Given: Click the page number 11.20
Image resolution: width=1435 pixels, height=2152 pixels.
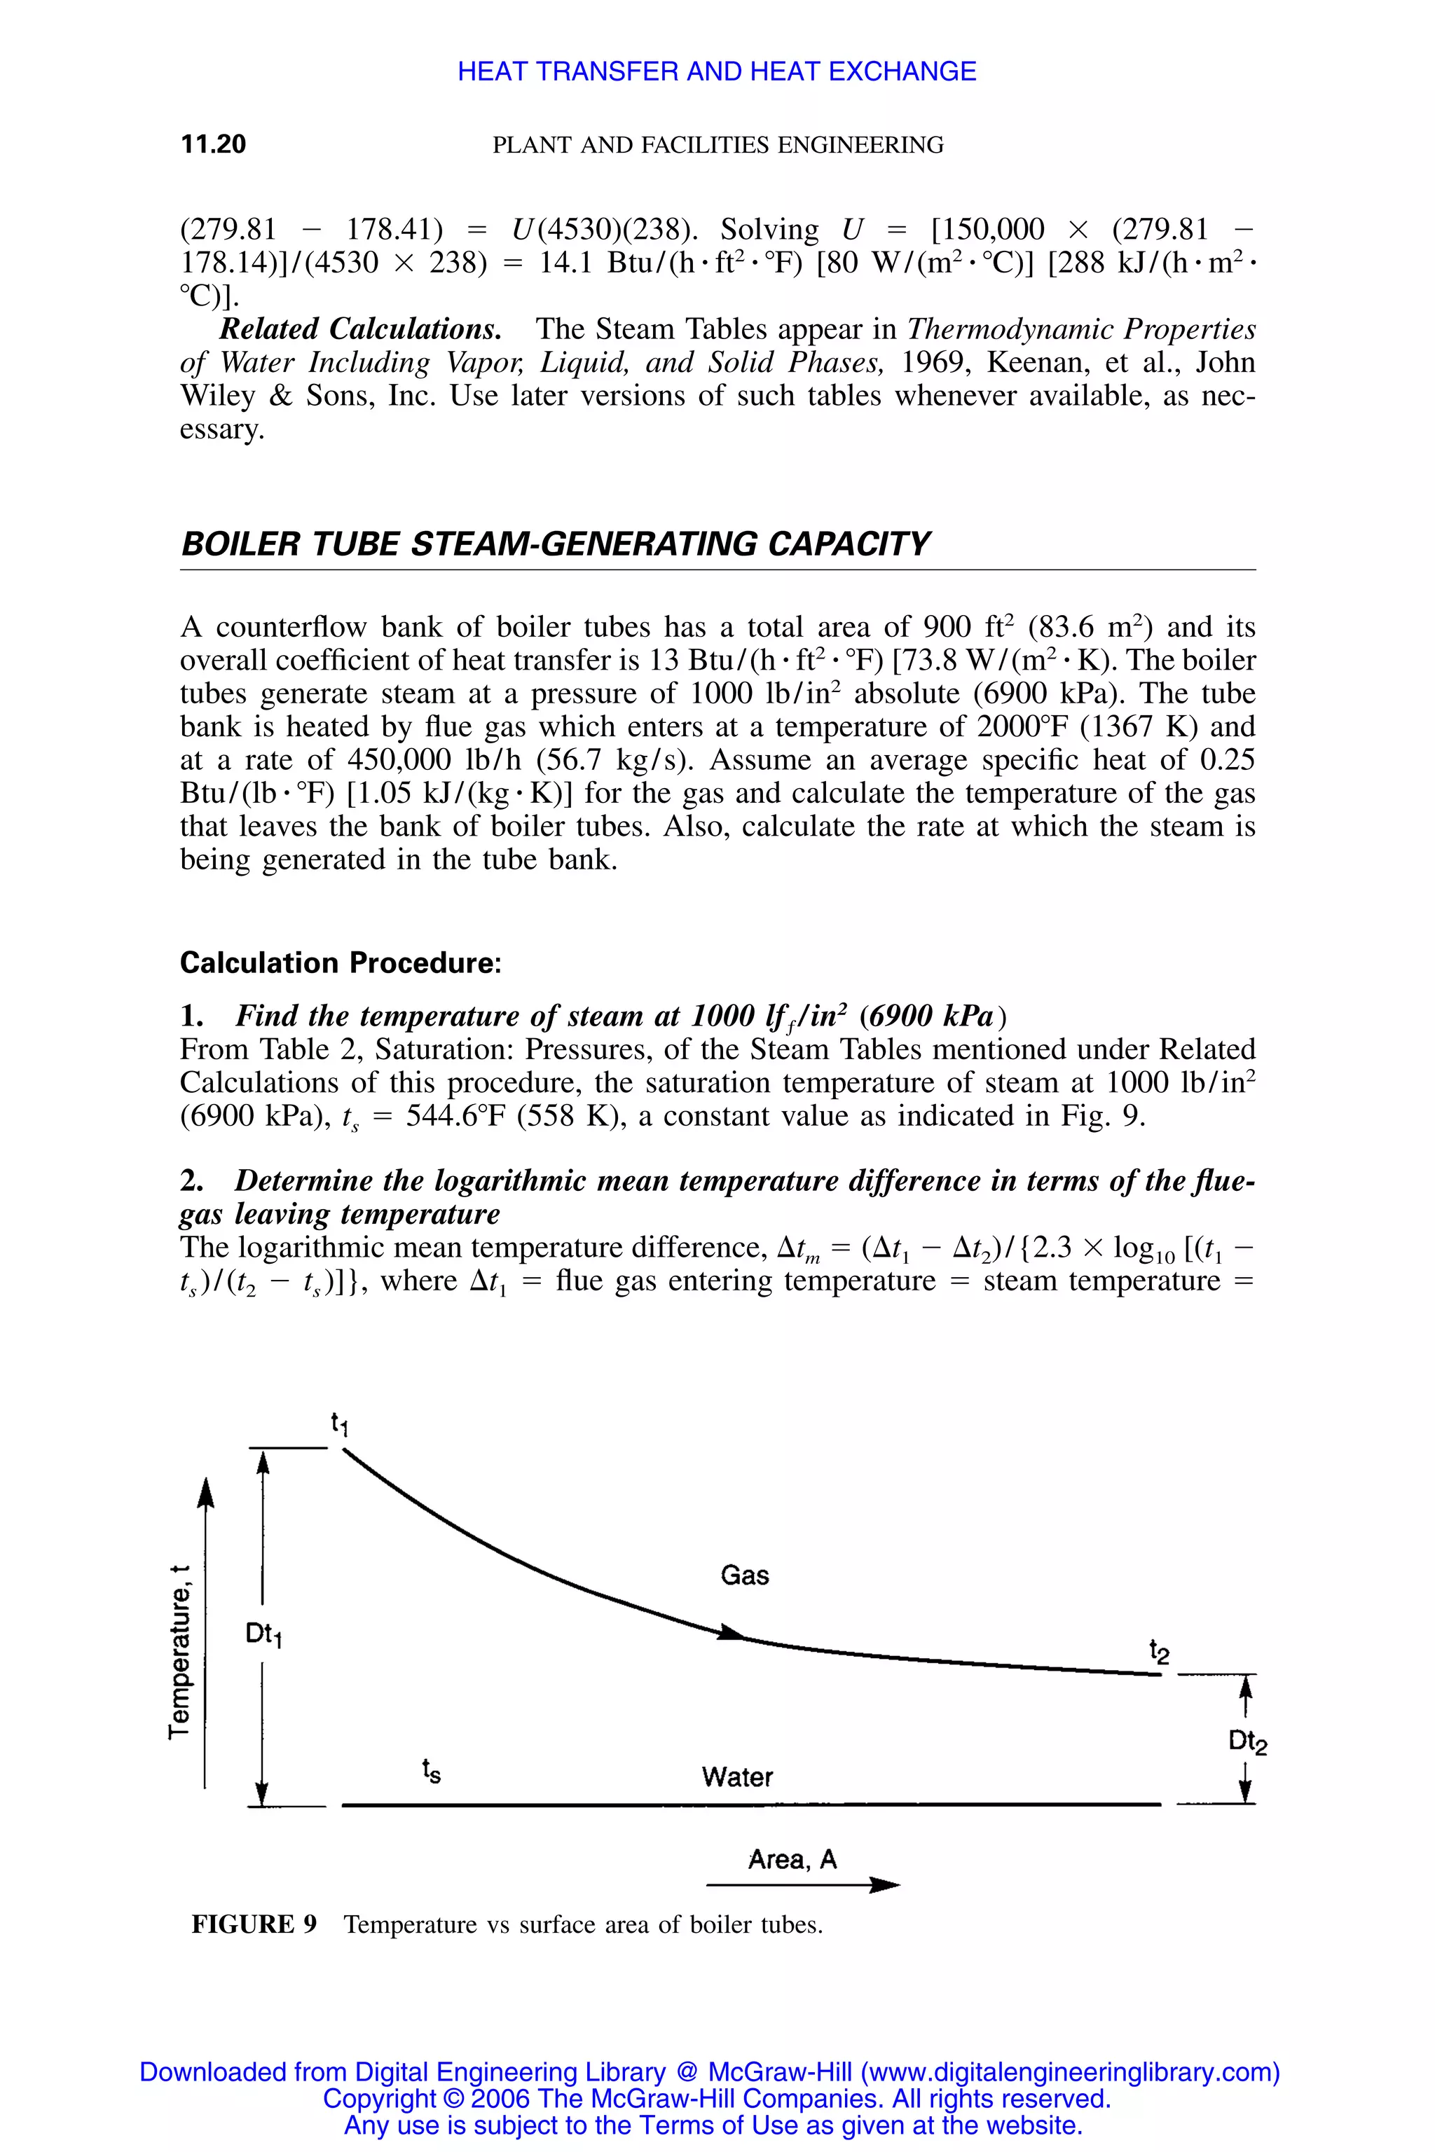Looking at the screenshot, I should point(213,144).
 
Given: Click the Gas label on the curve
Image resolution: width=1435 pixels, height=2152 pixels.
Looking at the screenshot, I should point(744,1575).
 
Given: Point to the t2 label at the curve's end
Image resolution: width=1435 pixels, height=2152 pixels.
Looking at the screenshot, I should point(1159,1652).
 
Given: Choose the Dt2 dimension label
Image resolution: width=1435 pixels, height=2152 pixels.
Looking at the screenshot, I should point(1247,1741).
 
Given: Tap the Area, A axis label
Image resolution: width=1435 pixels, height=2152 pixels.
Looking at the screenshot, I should point(792,1859).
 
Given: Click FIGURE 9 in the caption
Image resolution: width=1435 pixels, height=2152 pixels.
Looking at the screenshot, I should point(254,1924).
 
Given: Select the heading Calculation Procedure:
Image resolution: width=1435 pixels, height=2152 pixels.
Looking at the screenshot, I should point(341,963).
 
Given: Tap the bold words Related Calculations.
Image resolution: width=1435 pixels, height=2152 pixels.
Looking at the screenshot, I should point(359,329).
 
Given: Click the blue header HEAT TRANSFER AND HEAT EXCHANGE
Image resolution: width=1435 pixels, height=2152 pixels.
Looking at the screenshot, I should point(717,71).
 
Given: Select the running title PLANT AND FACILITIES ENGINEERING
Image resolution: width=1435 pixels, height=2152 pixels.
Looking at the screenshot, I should point(717,144).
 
